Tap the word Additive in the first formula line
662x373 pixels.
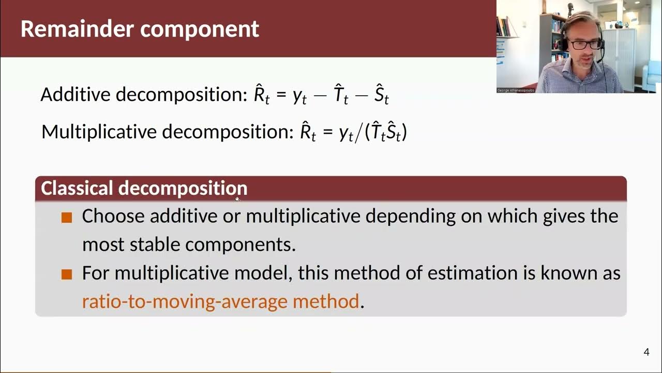[76, 94]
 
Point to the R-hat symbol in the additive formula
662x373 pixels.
[261, 94]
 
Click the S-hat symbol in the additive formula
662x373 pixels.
[381, 94]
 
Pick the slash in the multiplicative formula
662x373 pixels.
[358, 133]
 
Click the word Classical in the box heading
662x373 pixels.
[77, 188]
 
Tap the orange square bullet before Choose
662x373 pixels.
[67, 217]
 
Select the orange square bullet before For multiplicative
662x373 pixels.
[67, 274]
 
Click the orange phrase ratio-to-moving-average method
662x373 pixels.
[220, 301]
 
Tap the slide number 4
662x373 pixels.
[646, 353]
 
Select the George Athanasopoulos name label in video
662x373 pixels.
[516, 90]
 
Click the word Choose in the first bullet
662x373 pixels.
[113, 216]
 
